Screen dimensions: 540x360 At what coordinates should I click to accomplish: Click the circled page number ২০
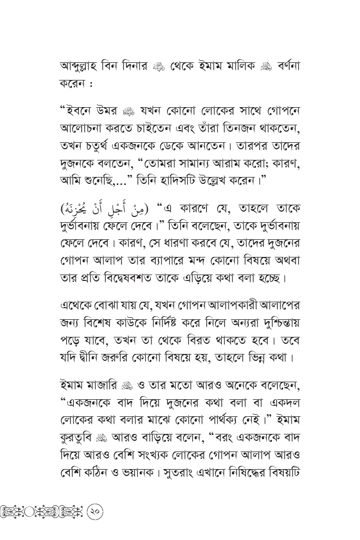pos(93,512)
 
